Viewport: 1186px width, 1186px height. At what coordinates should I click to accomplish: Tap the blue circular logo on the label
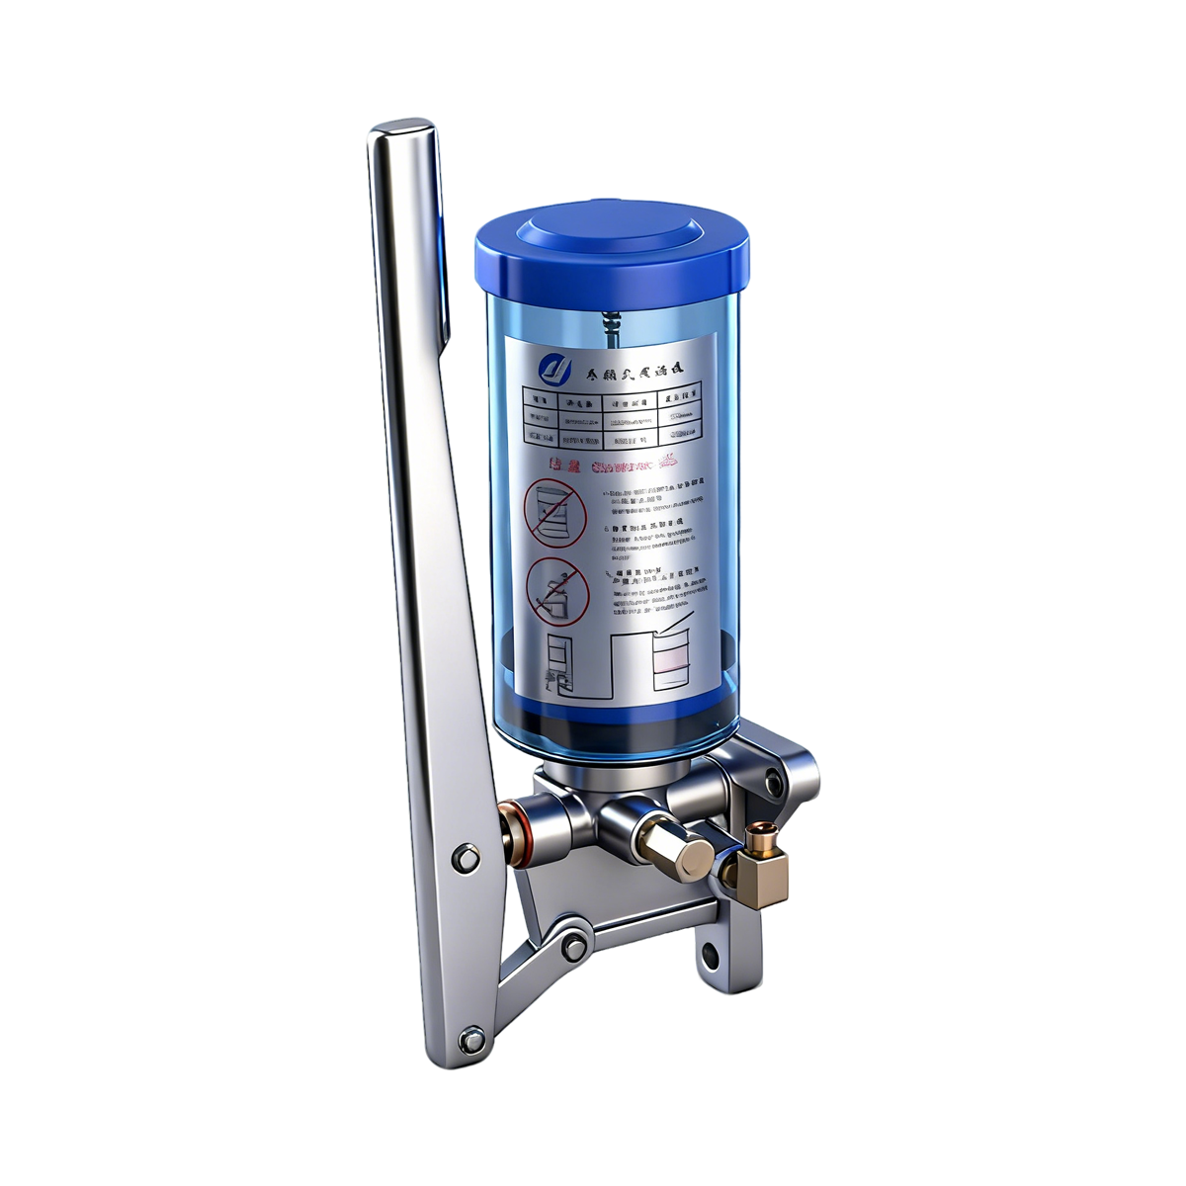tap(554, 369)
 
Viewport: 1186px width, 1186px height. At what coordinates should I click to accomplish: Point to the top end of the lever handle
tap(399, 131)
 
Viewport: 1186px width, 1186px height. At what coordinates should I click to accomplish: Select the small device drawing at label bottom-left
tap(558, 661)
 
